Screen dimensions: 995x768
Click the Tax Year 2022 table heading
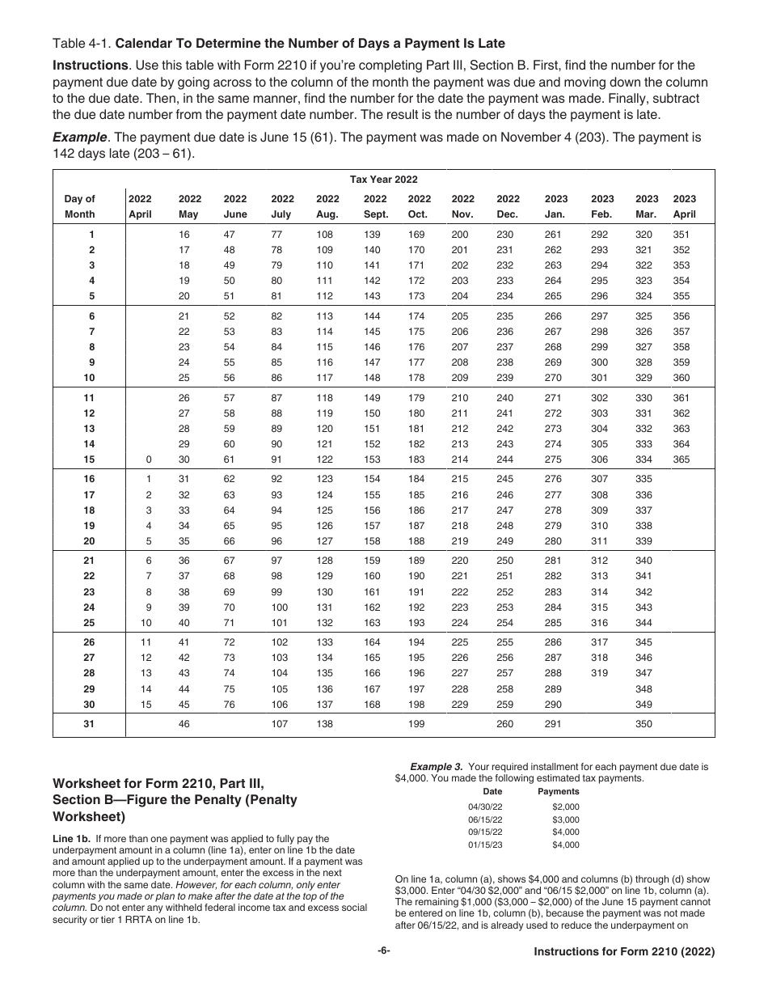[383, 180]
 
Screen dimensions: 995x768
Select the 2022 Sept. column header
[375, 206]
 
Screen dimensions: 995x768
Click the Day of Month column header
[79, 206]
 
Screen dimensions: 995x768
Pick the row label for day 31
[89, 724]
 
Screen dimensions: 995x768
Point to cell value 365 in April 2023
[682, 459]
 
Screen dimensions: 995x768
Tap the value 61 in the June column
[235, 459]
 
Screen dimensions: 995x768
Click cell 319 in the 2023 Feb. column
[601, 672]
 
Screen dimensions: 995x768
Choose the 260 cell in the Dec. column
[504, 724]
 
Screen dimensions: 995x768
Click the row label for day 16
[89, 479]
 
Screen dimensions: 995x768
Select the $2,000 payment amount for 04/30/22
[566, 807]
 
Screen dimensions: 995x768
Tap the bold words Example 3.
[437, 766]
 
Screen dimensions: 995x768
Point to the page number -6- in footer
[384, 951]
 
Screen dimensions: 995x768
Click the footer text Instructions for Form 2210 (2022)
[624, 952]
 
